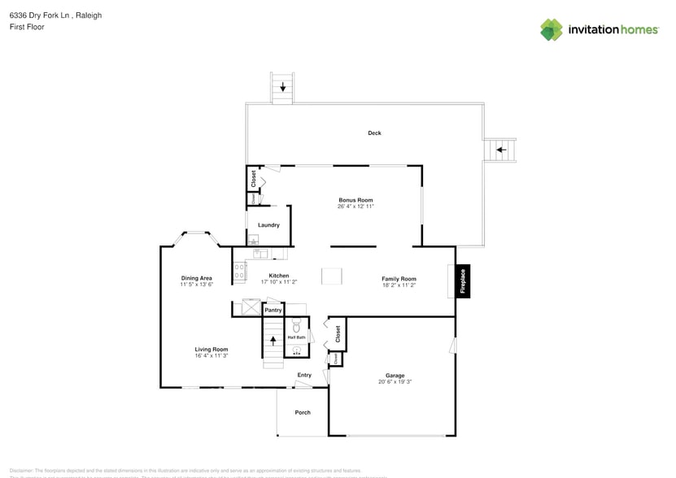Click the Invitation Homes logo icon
click(552, 29)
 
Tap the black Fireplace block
click(463, 280)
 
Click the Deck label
click(374, 133)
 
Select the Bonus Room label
click(355, 200)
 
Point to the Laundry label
click(268, 225)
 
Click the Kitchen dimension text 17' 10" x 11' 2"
click(279, 282)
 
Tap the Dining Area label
click(196, 278)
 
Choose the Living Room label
click(211, 349)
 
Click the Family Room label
click(399, 279)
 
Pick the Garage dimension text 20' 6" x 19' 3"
click(395, 382)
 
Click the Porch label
click(303, 412)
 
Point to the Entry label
click(304, 375)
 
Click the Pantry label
click(273, 310)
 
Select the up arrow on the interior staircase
click(273, 341)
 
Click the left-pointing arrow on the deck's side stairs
click(501, 150)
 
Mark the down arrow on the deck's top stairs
click(282, 86)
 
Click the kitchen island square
click(332, 276)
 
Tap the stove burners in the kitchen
click(240, 272)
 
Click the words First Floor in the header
click(27, 27)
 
